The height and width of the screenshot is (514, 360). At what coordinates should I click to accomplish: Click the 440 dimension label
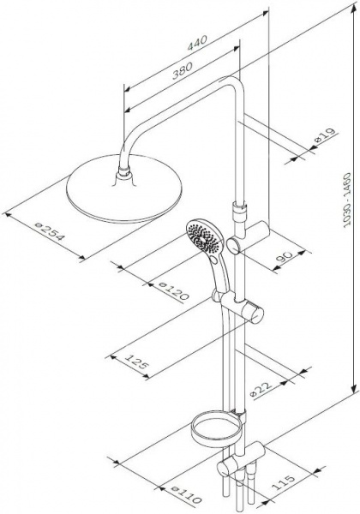197,44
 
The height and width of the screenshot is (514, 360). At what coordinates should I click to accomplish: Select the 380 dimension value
182,71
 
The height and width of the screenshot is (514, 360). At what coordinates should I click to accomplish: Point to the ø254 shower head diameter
49,231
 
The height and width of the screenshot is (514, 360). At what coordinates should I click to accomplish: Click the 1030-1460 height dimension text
346,200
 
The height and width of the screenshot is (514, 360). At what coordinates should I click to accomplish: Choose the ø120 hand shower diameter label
173,290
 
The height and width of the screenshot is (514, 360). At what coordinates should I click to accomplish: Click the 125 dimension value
135,362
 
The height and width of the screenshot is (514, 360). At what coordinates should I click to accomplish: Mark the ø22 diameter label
261,390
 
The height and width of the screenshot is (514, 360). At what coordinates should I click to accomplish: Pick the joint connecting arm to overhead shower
123,172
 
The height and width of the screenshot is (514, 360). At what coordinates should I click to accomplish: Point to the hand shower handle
219,274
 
